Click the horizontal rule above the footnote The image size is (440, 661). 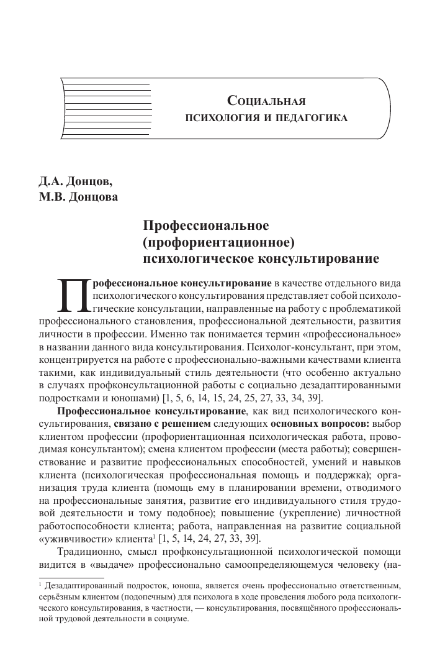[65, 578]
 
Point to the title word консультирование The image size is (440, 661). [319, 255]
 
